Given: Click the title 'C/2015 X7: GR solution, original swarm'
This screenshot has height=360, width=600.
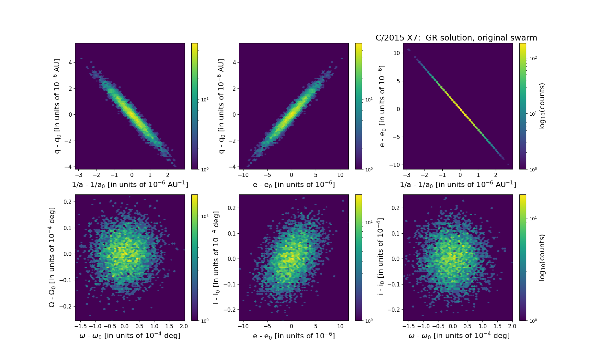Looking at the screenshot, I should [x=456, y=38].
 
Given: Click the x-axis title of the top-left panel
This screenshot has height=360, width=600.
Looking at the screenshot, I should [x=130, y=184].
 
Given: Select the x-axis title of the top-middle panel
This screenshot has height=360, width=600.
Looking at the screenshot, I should [x=294, y=184].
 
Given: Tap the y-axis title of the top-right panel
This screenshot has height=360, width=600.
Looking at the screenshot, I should [x=382, y=106].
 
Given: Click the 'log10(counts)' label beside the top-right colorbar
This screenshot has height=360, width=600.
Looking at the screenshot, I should [x=542, y=106].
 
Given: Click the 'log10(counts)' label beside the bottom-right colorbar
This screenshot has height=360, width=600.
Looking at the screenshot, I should [x=542, y=257].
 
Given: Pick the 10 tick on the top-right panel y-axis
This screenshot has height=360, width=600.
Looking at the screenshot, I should [x=396, y=53].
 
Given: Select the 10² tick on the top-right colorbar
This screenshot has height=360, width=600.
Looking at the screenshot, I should [x=533, y=58].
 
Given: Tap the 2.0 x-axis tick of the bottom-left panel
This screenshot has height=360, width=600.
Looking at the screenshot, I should [x=184, y=326].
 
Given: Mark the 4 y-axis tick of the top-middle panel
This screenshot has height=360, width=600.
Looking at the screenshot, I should [x=234, y=63].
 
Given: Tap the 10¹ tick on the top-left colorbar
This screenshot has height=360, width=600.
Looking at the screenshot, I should [x=205, y=99].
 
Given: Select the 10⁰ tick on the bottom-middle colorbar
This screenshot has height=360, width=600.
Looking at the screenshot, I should [x=368, y=321].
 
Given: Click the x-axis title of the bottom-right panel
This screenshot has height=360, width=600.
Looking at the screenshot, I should [x=459, y=336].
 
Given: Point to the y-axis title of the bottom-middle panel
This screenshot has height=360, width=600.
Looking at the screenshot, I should [x=216, y=257].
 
